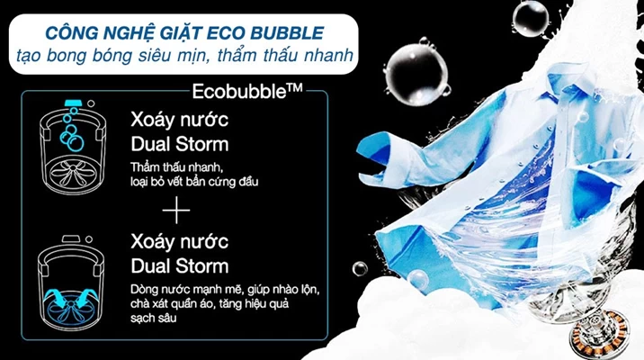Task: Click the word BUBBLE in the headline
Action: pos(287,33)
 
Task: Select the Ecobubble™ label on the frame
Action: pos(247,91)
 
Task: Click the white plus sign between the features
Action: pos(176,210)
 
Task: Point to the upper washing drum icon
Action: pos(73,147)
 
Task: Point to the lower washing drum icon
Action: pos(71,283)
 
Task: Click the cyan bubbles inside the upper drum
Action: pos(71,130)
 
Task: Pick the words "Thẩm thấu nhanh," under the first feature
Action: pos(177,167)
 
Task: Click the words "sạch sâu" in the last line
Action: pos(153,318)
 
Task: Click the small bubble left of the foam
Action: pos(360,269)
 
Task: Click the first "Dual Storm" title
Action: pos(180,144)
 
